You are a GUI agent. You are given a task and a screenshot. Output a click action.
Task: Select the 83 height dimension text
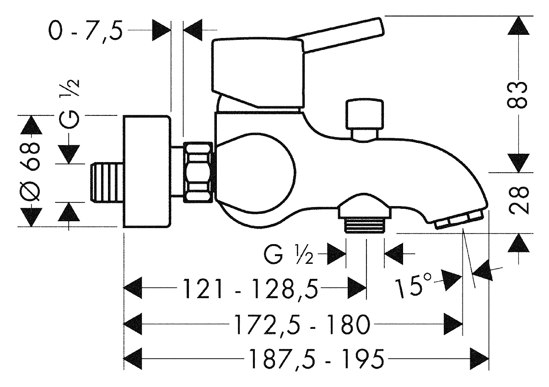click(517, 94)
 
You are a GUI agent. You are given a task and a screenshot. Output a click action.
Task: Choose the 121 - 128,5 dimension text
click(250, 289)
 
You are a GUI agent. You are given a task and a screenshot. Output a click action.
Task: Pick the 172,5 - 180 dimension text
click(301, 324)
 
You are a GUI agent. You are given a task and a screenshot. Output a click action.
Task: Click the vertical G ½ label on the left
click(70, 103)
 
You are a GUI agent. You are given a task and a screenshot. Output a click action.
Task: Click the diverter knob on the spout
click(364, 120)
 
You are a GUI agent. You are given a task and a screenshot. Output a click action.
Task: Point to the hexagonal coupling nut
click(198, 173)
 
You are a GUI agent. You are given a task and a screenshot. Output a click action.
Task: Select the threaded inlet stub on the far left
click(107, 183)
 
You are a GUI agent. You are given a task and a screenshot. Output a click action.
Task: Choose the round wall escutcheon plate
click(146, 172)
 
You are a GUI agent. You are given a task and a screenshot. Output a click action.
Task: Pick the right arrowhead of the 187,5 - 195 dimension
click(479, 359)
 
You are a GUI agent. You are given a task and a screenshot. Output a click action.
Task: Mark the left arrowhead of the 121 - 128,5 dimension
click(133, 288)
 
